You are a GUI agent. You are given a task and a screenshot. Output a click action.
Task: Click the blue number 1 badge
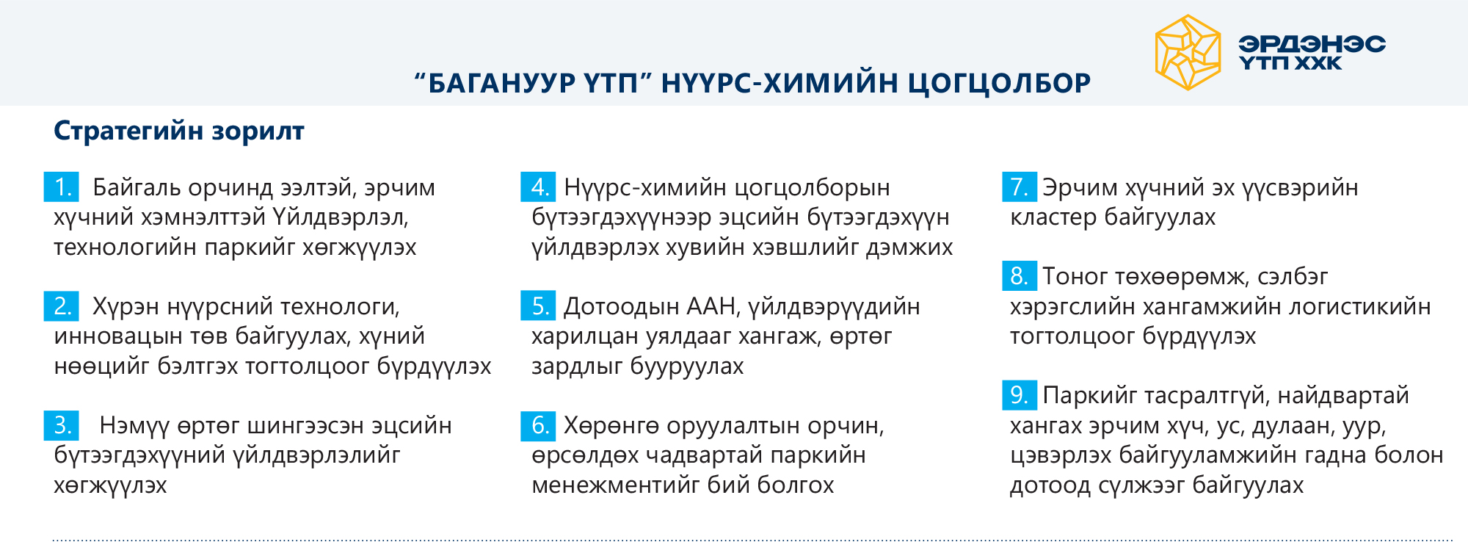point(62,187)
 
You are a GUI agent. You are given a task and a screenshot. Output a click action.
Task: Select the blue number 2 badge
point(62,306)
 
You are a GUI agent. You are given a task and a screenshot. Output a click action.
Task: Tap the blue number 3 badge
point(62,424)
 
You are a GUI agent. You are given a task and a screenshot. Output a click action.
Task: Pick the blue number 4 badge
point(538,187)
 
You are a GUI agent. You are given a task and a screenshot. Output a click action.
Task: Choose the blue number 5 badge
point(538,306)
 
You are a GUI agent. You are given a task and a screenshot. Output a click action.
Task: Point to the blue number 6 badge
point(538,424)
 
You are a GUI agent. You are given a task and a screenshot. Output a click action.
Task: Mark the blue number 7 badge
point(1020,187)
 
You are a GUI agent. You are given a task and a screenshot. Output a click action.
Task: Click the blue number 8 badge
point(1020,275)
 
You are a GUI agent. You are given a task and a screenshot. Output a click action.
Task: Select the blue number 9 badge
point(1020,394)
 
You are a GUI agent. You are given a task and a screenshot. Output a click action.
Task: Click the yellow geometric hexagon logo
point(1188,53)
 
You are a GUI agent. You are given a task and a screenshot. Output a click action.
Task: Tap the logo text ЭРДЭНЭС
point(1312,44)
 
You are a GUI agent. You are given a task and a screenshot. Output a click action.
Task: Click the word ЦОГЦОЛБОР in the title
point(999,83)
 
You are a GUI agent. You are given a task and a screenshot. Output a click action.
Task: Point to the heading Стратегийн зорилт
point(179,131)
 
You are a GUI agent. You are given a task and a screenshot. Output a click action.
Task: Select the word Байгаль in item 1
point(137,188)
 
